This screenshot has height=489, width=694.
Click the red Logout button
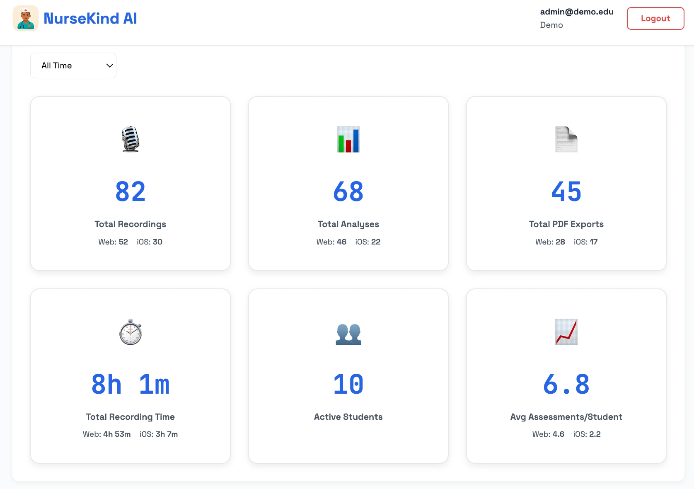(655, 18)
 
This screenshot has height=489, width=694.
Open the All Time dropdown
(73, 65)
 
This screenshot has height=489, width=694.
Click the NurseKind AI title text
(90, 18)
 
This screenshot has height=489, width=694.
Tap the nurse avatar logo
(26, 18)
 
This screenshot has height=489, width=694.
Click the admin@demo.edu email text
(576, 12)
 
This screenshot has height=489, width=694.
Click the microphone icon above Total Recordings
(131, 139)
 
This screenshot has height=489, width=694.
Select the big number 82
(131, 191)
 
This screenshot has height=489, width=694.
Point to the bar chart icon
(348, 139)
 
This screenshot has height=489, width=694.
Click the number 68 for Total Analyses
(348, 191)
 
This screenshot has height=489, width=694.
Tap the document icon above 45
(566, 139)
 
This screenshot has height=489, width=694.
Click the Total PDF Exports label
(566, 224)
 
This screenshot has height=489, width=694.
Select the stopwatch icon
(131, 332)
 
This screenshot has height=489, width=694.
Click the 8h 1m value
(131, 384)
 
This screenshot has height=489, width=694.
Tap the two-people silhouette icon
(348, 334)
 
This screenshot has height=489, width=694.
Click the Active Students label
(348, 417)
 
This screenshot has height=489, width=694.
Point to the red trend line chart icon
(566, 332)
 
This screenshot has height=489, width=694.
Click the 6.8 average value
(566, 384)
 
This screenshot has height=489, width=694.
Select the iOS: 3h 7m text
(159, 434)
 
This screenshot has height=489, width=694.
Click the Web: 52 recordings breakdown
(113, 242)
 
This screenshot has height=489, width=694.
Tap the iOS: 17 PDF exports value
(585, 242)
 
